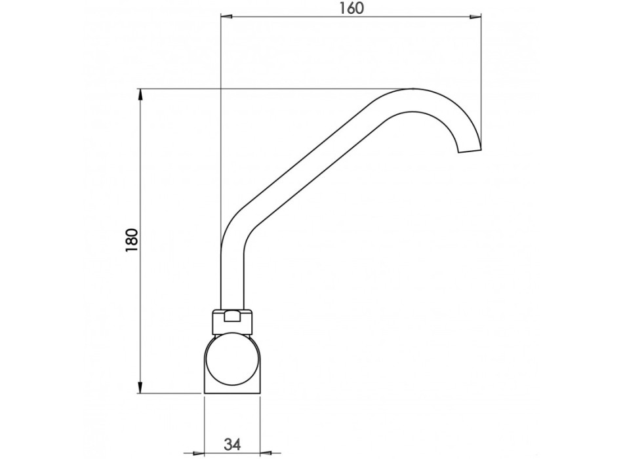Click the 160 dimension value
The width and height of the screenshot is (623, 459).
(352, 8)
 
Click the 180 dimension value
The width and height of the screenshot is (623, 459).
(132, 240)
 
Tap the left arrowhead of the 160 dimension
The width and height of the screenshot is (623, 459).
(226, 16)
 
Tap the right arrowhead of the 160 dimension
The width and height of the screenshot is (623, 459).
(475, 16)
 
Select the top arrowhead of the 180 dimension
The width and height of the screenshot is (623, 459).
(140, 95)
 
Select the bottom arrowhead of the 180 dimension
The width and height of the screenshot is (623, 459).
(140, 388)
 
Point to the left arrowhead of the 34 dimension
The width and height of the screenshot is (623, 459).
(198, 452)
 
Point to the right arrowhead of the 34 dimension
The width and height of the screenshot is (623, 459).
(266, 452)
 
